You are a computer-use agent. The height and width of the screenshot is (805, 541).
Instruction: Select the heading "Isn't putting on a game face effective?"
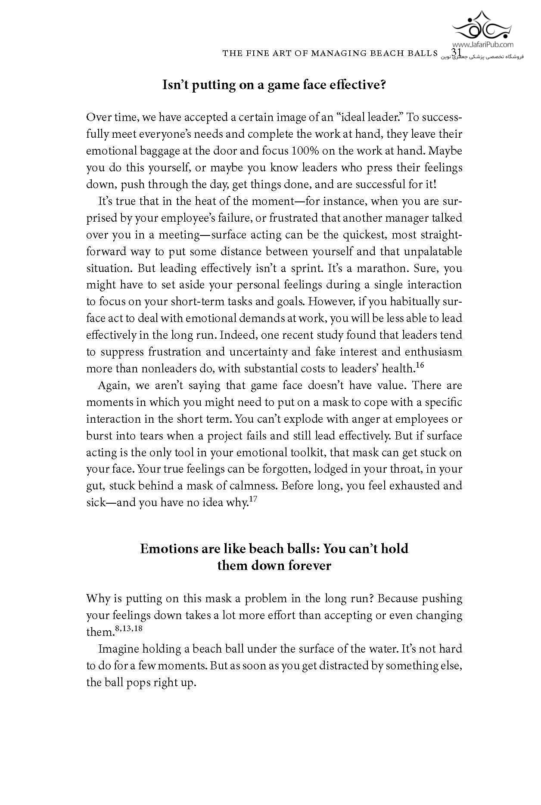click(x=274, y=85)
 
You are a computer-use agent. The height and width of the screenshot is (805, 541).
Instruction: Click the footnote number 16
click(x=420, y=365)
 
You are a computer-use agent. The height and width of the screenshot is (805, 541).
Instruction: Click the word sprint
click(x=305, y=268)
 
